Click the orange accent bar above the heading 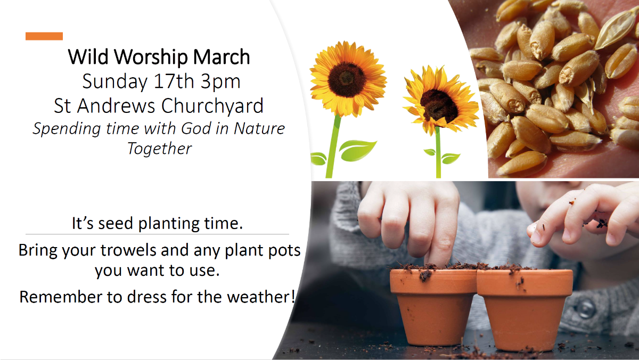tap(44, 36)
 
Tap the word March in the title tap(222, 57)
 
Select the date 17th tap(174, 81)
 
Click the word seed tap(116, 223)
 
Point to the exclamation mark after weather tap(293, 297)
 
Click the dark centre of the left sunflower tap(347, 79)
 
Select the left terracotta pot tap(433, 306)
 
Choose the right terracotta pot tap(525, 309)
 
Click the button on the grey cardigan tap(585, 309)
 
